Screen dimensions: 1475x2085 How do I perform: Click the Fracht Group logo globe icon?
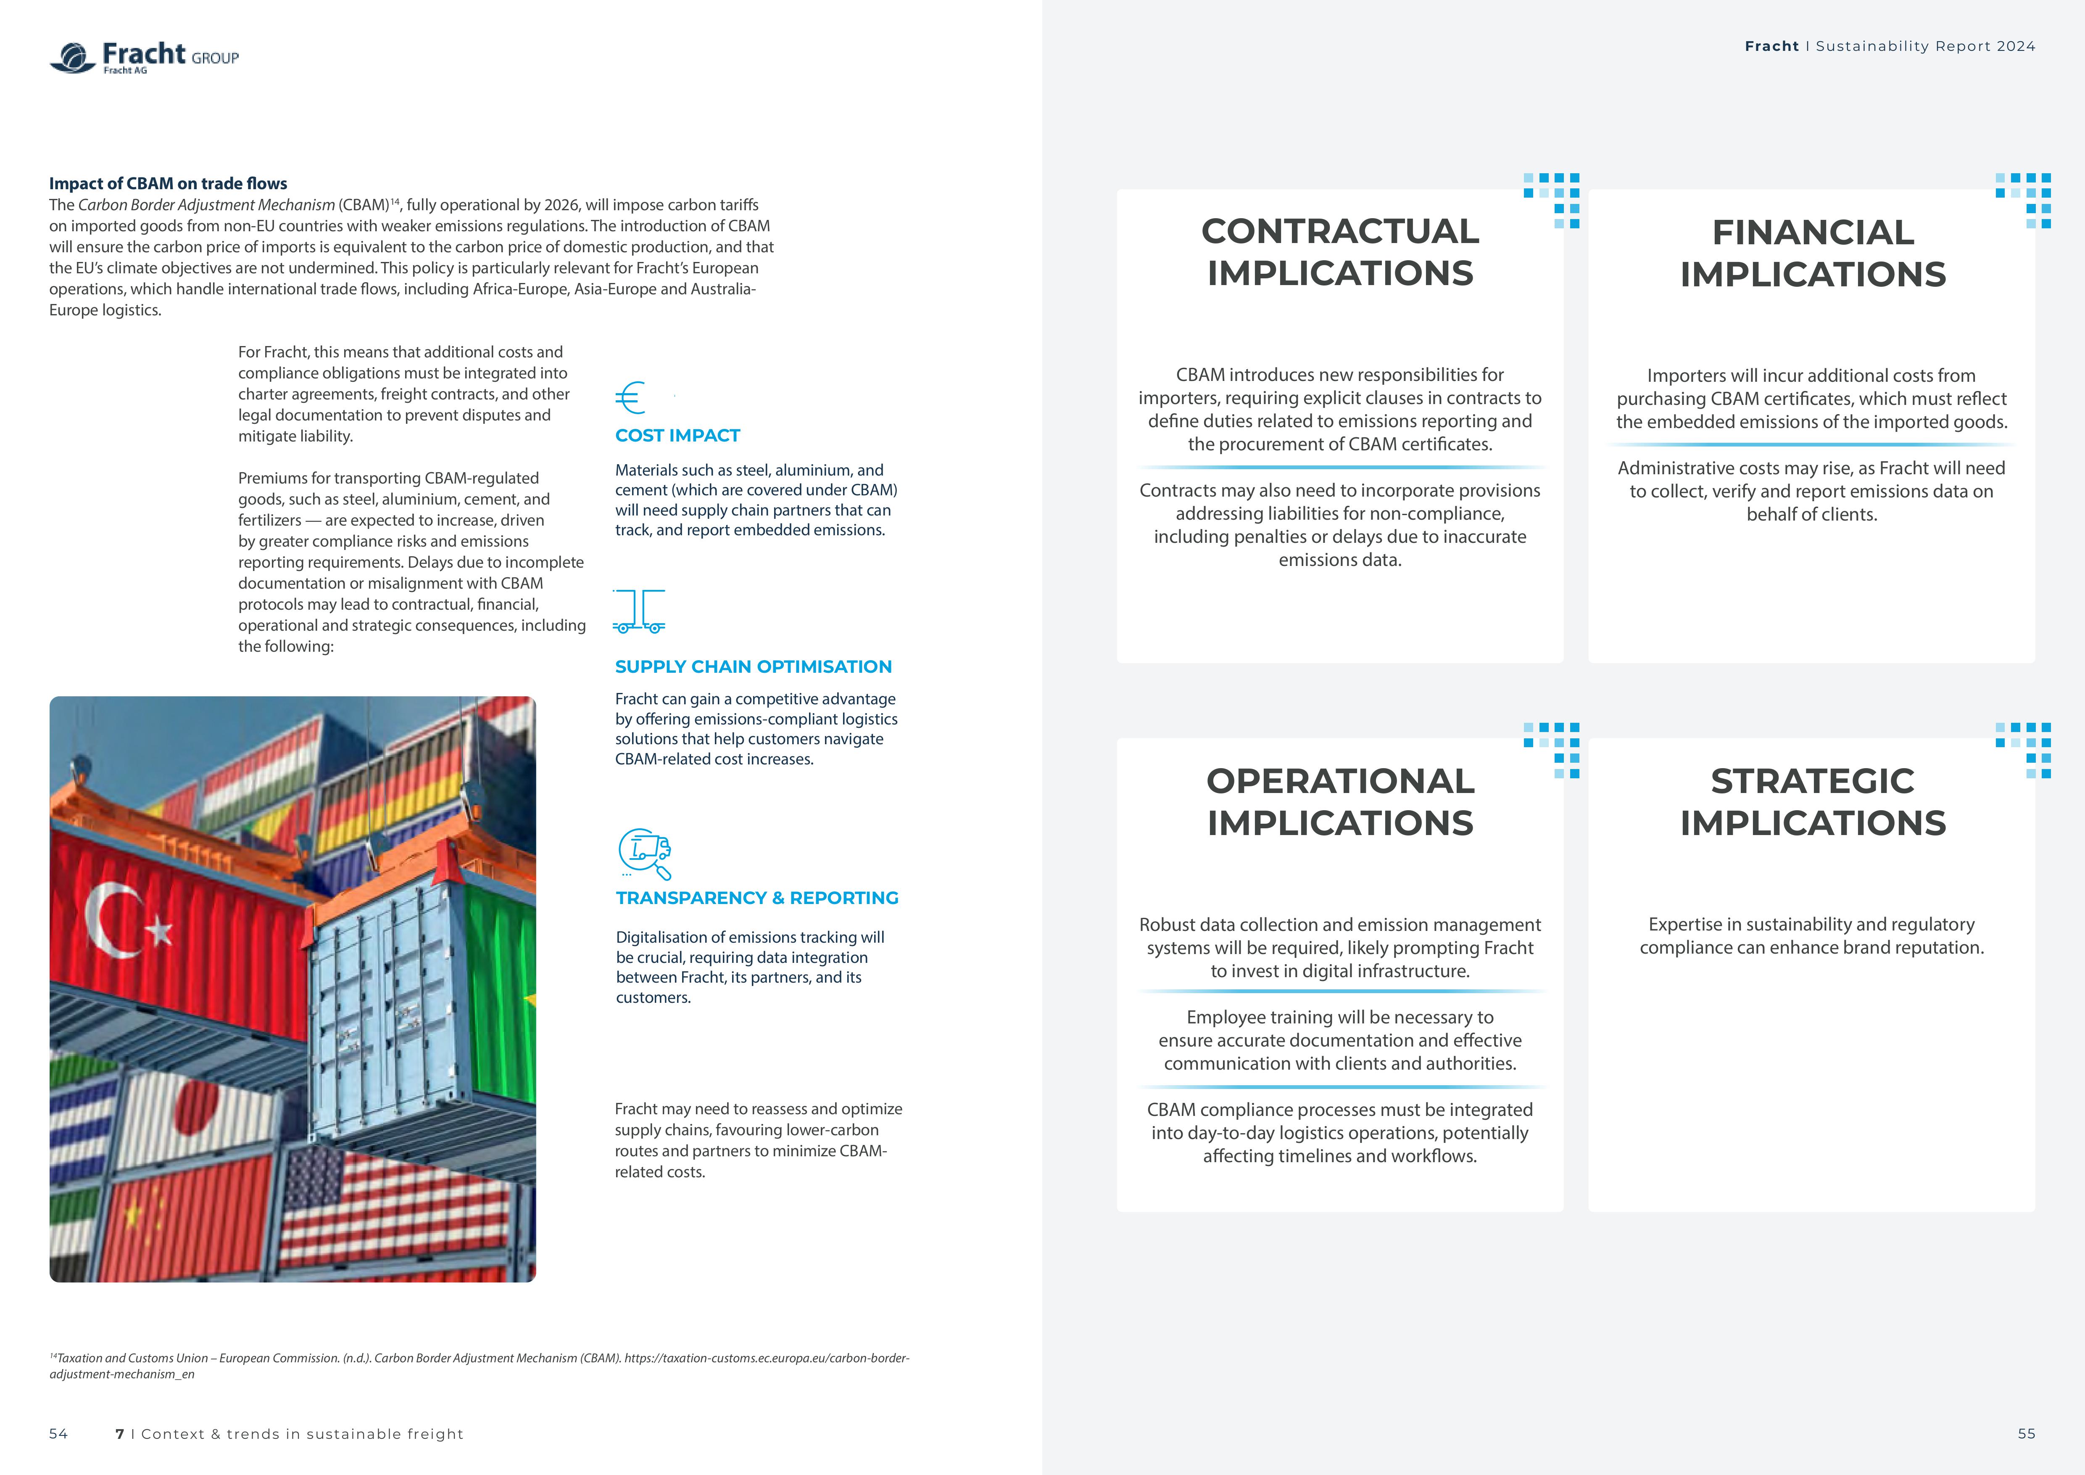click(x=73, y=57)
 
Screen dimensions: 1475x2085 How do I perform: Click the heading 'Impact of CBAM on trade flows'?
click(x=168, y=183)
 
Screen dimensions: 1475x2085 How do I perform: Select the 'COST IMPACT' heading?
click(x=677, y=436)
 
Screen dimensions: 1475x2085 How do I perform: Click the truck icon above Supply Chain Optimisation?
click(x=639, y=611)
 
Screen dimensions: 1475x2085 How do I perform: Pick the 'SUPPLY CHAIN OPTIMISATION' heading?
click(x=753, y=667)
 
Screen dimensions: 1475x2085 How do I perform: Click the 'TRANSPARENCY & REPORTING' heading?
click(x=757, y=898)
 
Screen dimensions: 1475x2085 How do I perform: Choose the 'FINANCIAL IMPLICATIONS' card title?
click(x=1813, y=254)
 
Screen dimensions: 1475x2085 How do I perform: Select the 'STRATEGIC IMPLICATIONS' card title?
click(x=1813, y=802)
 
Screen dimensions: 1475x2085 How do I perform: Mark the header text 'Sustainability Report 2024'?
click(x=1925, y=46)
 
